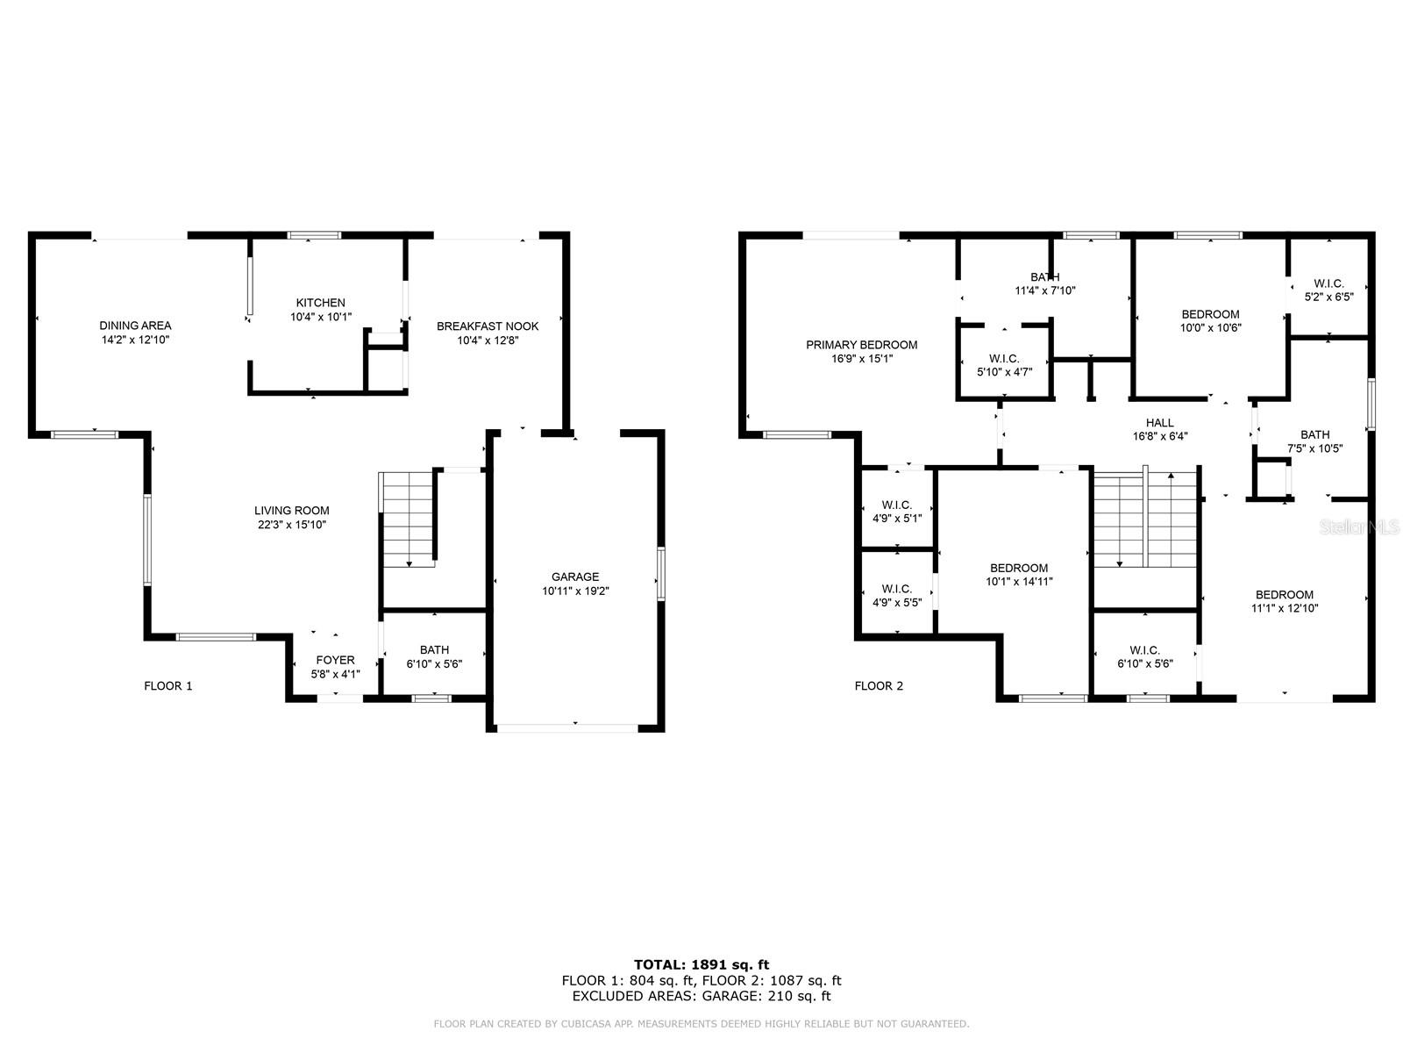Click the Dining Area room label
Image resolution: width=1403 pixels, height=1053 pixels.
134,326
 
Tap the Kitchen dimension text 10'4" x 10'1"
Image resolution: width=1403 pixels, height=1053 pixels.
320,317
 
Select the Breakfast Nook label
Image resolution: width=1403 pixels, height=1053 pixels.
488,326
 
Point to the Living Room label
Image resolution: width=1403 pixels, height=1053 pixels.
291,511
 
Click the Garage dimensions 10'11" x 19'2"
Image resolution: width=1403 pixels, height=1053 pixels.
574,591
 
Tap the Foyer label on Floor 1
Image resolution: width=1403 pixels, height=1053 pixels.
335,660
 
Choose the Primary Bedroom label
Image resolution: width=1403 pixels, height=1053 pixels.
861,345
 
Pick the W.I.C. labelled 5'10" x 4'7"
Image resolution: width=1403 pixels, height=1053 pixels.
1004,365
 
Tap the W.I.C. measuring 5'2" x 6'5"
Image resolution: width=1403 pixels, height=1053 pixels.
1328,290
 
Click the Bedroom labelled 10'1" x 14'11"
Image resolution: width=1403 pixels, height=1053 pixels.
1018,574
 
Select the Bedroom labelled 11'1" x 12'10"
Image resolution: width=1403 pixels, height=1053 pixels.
1284,601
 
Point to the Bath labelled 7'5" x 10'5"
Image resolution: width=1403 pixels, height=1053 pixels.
1314,441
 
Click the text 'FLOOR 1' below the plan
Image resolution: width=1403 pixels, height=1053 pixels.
167,686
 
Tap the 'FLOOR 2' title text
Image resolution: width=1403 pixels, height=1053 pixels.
879,686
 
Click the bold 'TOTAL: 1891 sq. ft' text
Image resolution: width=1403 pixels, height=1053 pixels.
701,964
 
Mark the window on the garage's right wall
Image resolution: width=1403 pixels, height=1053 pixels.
660,573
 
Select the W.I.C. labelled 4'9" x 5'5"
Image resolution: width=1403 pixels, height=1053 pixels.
896,595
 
